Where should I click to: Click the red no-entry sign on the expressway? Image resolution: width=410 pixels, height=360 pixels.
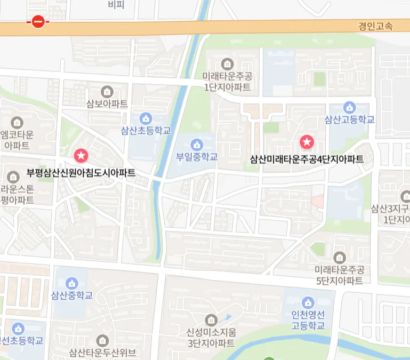38,22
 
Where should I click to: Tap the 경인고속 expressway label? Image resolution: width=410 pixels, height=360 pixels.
375,26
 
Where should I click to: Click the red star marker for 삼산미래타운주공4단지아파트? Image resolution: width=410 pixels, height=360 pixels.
307,142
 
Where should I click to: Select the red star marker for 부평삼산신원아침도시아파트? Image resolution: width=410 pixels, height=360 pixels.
81,156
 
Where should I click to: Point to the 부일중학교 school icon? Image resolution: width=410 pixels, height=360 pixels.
197,144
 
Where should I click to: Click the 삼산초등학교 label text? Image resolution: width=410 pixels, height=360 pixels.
146,130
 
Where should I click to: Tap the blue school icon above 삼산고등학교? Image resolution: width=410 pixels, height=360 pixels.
349,107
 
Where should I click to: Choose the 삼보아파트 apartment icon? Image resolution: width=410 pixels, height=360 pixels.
107,91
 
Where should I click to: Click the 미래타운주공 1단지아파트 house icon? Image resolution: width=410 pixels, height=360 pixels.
227,63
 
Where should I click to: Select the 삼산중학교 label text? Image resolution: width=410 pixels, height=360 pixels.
72,295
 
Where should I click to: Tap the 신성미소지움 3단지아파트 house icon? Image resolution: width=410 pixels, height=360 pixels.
211,319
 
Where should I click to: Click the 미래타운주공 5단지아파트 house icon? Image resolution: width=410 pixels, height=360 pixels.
339,257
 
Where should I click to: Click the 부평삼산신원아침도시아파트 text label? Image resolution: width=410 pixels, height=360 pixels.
81,173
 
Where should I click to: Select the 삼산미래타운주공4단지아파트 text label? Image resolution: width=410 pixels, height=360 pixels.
307,159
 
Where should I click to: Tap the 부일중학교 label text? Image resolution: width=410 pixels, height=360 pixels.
197,157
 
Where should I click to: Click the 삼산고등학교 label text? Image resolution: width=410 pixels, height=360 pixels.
350,119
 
